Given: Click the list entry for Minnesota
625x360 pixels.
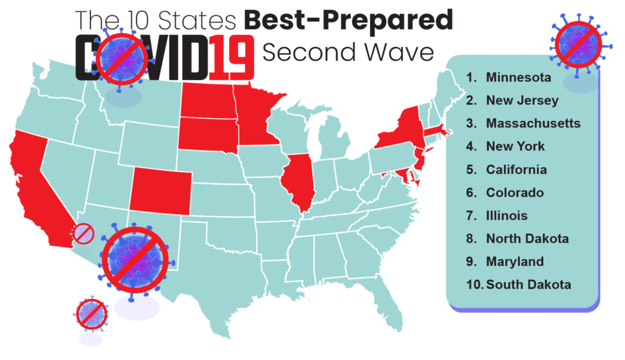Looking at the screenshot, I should tap(518, 77).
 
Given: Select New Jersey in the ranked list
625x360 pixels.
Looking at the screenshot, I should tap(522, 101).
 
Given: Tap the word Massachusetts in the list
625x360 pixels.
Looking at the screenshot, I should tap(533, 123).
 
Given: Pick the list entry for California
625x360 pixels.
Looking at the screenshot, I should tap(516, 170).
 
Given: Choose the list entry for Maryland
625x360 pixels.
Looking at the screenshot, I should tap(515, 261).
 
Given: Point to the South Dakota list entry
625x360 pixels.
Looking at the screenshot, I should tap(529, 284).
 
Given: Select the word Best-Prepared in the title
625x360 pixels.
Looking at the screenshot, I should tap(349, 20).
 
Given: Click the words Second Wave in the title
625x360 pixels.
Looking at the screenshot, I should tap(347, 52).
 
